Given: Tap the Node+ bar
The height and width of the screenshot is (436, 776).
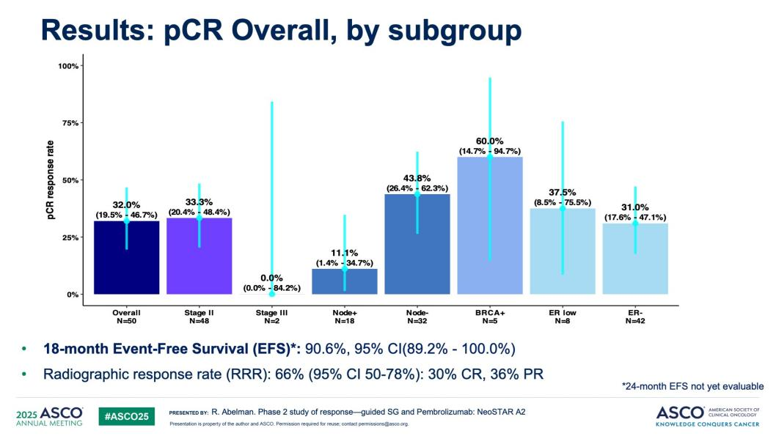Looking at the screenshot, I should point(344,282).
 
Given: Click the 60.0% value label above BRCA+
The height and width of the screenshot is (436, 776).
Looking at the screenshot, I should point(489,141).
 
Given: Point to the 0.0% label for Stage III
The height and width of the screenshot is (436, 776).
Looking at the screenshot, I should point(271,278).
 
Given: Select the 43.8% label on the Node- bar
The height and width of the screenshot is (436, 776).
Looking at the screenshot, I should point(417,178).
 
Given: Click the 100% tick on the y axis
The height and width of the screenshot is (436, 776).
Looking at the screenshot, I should point(68,66).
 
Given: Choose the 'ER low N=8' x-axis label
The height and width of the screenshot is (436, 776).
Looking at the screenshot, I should point(563,317).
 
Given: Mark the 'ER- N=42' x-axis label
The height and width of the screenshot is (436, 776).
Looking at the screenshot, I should point(635,317).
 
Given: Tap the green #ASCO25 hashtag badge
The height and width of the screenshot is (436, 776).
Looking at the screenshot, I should point(126,415).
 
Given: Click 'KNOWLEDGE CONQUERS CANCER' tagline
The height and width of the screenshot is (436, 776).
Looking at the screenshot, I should point(709,423).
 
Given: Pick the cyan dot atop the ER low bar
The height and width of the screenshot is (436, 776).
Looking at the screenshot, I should point(563,208).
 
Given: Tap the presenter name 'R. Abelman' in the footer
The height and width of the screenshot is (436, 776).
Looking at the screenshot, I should point(231,413).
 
